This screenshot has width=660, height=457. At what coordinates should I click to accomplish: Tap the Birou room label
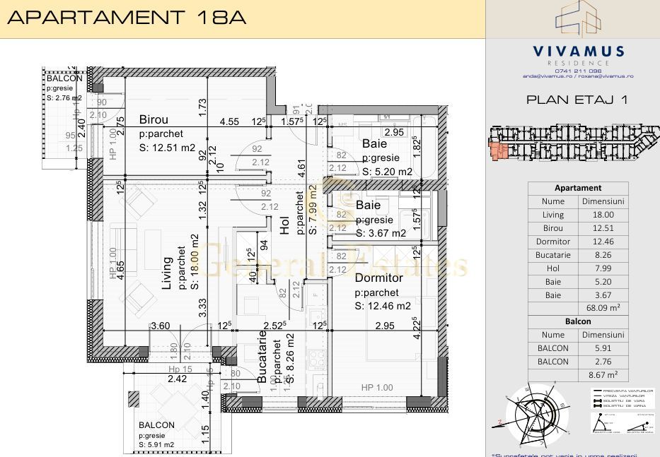[x=155, y=119]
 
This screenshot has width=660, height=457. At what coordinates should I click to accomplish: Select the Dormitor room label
[x=378, y=278]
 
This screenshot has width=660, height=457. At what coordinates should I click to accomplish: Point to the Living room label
[x=168, y=273]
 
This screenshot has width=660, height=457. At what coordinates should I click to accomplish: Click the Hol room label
[x=284, y=225]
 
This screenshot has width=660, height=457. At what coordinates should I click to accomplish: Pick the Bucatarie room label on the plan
[x=262, y=360]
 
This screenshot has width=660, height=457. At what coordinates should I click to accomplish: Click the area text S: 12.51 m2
[x=167, y=147]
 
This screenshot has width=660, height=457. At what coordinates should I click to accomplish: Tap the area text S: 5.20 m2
[x=387, y=172]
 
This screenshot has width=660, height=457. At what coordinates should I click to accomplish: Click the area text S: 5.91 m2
[x=156, y=445]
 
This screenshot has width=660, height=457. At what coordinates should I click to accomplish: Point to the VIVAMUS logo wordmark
[x=578, y=51]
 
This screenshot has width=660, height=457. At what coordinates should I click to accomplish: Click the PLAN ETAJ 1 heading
[x=577, y=100]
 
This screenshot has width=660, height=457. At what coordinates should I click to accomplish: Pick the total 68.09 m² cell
[x=603, y=308]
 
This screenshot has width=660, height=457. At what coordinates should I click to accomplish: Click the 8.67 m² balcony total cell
[x=603, y=375]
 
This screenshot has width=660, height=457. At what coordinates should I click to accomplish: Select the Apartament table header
[x=578, y=188]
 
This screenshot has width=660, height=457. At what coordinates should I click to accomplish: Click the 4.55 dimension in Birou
[x=228, y=121]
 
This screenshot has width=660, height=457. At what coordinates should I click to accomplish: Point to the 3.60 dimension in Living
[x=161, y=326]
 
